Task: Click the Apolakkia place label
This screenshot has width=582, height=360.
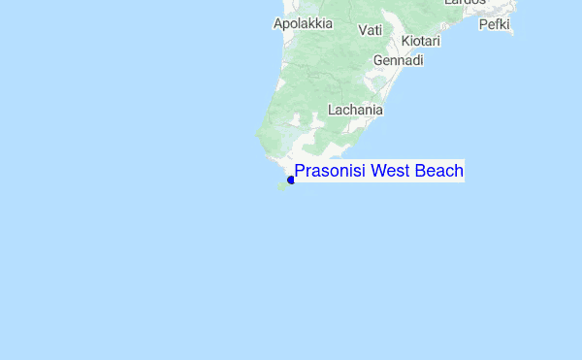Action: pyautogui.click(x=303, y=23)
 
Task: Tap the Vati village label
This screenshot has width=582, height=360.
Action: pyautogui.click(x=370, y=30)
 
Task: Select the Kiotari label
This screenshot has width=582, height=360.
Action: pyautogui.click(x=420, y=42)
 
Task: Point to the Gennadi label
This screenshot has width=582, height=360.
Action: pyautogui.click(x=399, y=60)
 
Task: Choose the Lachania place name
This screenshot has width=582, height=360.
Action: pyautogui.click(x=355, y=110)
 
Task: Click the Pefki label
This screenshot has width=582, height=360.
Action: pyautogui.click(x=494, y=23)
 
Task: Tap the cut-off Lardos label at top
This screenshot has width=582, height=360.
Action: pyautogui.click(x=465, y=3)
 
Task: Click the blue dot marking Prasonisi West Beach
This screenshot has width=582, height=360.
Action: pyautogui.click(x=291, y=180)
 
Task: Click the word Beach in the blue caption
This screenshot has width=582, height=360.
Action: pyautogui.click(x=438, y=172)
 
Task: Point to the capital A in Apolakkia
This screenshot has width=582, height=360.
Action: pyautogui.click(x=278, y=23)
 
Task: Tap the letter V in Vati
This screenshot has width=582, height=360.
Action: pyautogui.click(x=363, y=30)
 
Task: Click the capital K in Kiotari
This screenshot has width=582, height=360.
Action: pyautogui.click(x=404, y=42)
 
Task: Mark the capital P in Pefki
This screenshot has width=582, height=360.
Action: pyautogui.click(x=483, y=23)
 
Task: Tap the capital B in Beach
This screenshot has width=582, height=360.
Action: pyautogui.click(x=419, y=172)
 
